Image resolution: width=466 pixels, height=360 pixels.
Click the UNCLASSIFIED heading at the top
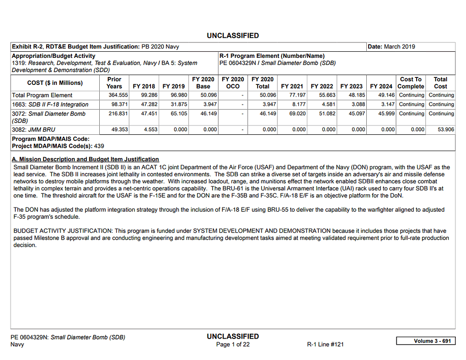point(233,35)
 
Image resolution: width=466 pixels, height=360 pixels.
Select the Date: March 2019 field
point(391,47)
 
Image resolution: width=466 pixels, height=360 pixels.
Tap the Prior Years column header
point(114,83)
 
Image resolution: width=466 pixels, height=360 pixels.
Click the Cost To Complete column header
point(411,83)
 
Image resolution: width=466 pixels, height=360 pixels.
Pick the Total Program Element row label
point(42,95)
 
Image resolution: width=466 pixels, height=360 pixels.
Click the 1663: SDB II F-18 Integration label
point(50,104)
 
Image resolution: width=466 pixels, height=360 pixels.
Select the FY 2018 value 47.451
point(146,114)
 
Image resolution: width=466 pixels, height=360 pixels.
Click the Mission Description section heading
point(85,159)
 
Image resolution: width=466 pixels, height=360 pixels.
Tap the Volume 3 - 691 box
point(425,341)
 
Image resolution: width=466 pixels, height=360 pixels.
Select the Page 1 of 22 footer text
point(233,345)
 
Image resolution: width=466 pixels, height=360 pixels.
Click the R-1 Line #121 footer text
point(325,345)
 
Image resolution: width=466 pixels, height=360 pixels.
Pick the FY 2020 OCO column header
point(233,83)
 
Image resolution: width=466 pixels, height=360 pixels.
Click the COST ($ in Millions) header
point(55,83)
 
